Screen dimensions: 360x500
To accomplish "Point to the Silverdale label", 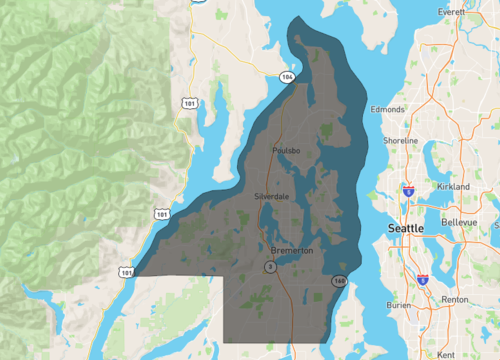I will pos(271,196).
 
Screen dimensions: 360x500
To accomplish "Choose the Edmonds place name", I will pos(388,108).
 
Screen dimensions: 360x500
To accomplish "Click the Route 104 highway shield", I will pos(288,76).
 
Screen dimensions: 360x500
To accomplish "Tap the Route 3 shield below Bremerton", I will pos(269,267).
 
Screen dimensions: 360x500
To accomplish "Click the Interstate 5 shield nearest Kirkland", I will pos(409,187).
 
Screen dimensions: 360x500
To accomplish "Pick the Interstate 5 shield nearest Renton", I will pos(424,281).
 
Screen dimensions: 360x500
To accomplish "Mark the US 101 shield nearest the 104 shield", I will pos(187,102).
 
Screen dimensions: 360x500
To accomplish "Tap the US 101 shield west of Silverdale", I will pos(162,212).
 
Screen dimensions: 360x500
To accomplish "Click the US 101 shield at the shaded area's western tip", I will pos(125,271).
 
